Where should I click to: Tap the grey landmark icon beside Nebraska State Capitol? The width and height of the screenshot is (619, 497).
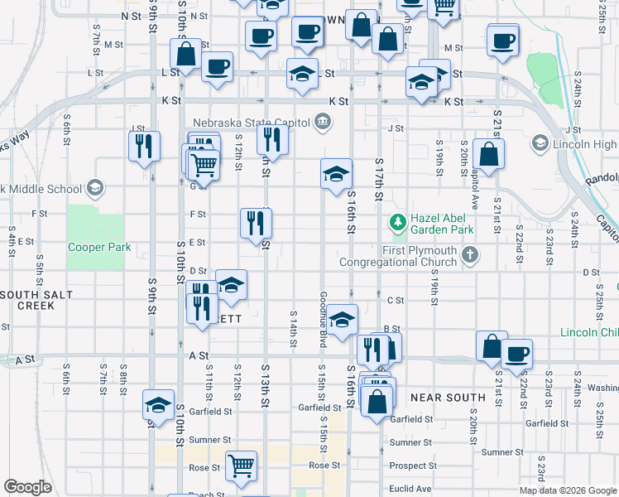(322, 123)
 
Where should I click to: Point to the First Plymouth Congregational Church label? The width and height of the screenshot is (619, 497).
(420, 256)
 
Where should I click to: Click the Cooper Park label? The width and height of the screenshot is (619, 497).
(100, 247)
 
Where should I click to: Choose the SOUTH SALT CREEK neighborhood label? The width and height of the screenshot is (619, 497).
(27, 300)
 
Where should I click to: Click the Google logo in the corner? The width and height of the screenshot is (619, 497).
(28, 487)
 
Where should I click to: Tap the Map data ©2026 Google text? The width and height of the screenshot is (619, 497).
(569, 490)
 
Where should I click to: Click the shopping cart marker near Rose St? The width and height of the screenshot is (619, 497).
(241, 464)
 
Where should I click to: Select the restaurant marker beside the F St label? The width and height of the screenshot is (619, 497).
(256, 222)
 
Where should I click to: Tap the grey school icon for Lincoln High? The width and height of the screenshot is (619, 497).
(540, 143)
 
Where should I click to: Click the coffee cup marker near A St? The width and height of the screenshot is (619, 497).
(517, 353)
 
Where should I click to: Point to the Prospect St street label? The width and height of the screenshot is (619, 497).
(412, 466)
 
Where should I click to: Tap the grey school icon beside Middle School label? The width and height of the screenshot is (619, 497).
(94, 188)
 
